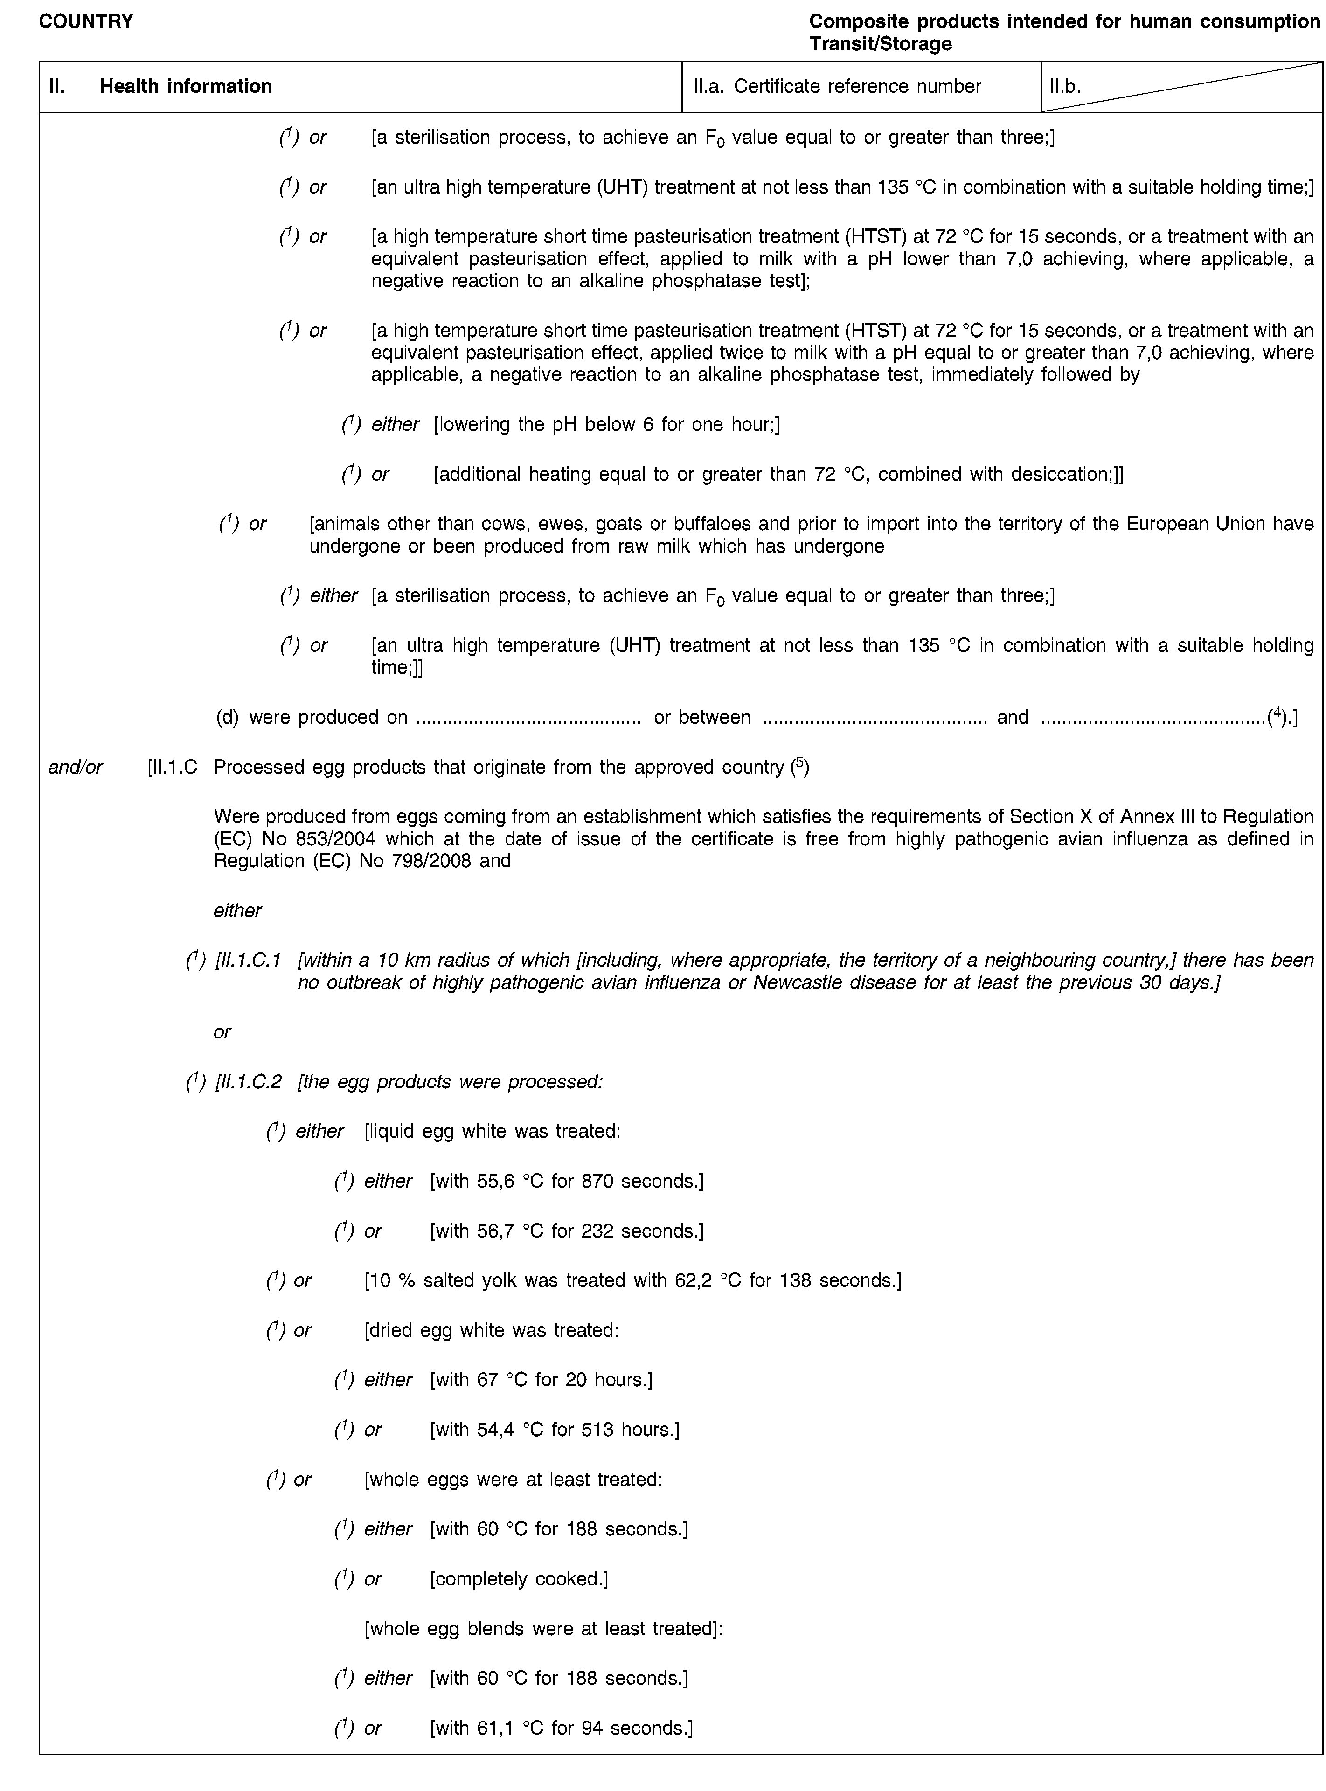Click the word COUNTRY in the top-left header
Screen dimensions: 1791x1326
click(x=86, y=21)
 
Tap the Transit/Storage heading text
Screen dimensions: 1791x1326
click(x=881, y=44)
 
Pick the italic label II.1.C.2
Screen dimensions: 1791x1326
click(x=248, y=1082)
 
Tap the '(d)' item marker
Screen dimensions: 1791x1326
click(x=228, y=717)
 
